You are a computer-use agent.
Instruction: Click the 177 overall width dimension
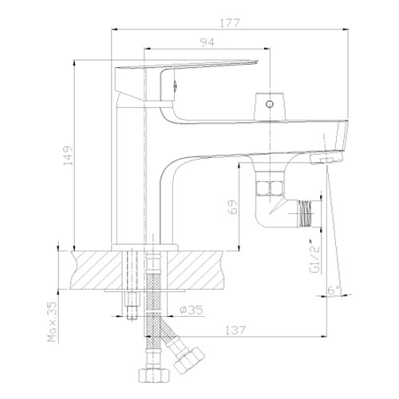coord(230,22)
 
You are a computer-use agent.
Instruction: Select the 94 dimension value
coord(207,42)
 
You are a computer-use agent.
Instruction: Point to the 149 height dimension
coord(68,155)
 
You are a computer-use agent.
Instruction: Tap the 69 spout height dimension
coord(232,207)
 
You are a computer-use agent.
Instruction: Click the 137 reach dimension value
coord(235,330)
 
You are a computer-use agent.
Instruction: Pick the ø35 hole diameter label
coord(192,310)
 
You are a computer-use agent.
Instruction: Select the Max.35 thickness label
coord(52,322)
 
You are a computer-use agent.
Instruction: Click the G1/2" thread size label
coord(314,256)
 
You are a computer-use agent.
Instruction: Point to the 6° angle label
coord(334,290)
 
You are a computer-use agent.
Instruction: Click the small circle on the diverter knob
coord(270,104)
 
